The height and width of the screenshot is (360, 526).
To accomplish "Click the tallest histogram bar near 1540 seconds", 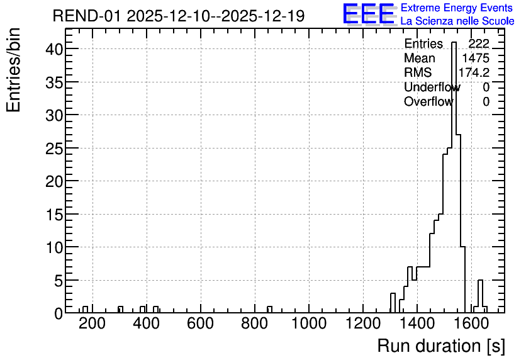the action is (454, 177).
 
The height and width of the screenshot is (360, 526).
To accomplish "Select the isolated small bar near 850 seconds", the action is (270, 310).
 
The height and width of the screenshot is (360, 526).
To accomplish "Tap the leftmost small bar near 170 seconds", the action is (85, 310).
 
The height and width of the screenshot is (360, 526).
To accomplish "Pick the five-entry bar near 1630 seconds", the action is (480, 296).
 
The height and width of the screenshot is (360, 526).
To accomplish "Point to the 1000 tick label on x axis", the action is (309, 323).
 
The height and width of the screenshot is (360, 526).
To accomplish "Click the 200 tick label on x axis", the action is (92, 323).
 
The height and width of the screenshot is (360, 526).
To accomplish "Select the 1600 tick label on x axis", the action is (471, 323).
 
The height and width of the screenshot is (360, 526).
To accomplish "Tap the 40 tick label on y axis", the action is (54, 49).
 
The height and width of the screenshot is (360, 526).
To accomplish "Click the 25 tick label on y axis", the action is (54, 148).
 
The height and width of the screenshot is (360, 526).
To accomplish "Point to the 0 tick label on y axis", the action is (59, 313).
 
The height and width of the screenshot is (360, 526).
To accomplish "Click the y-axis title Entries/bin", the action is (13, 70).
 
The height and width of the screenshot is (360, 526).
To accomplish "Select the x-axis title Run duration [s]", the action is (441, 346).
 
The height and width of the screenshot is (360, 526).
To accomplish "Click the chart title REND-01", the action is (86, 16).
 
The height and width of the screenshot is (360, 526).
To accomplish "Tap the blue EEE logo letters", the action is (369, 14).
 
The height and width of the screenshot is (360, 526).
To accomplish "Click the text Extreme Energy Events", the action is (457, 8).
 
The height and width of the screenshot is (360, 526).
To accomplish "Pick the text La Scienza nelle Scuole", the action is (457, 21).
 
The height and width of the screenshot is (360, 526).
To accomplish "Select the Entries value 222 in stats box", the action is (479, 43).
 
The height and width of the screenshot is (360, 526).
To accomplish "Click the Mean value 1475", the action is (476, 58).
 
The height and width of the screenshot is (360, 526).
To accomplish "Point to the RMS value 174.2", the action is (474, 72).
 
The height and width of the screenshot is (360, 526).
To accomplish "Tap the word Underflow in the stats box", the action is (432, 87).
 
